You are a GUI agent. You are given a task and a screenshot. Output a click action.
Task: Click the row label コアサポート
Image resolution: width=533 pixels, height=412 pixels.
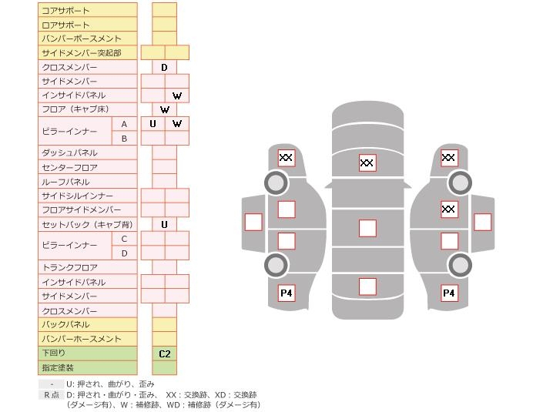tap(65, 11)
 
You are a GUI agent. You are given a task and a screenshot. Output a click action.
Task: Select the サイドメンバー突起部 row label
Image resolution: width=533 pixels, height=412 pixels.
tap(81, 53)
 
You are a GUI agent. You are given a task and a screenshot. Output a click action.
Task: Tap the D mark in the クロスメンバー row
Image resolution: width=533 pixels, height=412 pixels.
tap(164, 68)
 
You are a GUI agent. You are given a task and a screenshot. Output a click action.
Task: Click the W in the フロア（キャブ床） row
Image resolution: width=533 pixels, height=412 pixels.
tap(164, 110)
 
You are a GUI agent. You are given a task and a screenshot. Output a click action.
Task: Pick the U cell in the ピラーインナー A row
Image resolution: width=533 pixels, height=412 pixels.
tap(153, 124)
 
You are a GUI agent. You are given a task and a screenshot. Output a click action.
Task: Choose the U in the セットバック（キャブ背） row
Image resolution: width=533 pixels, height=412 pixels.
tap(164, 225)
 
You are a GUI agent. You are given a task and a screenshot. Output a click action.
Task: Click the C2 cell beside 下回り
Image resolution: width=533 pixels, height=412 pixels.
tap(164, 354)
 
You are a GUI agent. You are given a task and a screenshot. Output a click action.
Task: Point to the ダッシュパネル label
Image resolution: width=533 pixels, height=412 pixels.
tap(69, 153)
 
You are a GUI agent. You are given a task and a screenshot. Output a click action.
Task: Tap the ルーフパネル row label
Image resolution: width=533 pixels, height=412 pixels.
tap(65, 183)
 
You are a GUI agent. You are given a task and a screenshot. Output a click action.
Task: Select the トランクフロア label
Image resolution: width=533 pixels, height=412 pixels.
tap(69, 268)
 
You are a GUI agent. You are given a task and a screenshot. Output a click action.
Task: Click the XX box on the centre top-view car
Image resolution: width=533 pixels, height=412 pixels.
tap(367, 162)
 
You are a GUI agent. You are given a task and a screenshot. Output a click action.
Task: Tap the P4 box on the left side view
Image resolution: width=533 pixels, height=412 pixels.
tap(287, 293)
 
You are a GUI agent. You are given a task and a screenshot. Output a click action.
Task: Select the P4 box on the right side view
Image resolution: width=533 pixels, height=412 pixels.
tap(449, 293)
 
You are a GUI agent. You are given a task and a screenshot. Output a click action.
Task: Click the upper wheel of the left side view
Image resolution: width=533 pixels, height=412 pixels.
tap(276, 183)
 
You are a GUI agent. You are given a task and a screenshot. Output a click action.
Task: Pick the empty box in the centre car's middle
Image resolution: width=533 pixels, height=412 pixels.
tap(367, 228)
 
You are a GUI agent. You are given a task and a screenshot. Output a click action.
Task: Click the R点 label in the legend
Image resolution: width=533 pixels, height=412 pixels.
tap(52, 395)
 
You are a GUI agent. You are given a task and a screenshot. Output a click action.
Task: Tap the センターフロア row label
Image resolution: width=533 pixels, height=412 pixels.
tap(69, 168)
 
